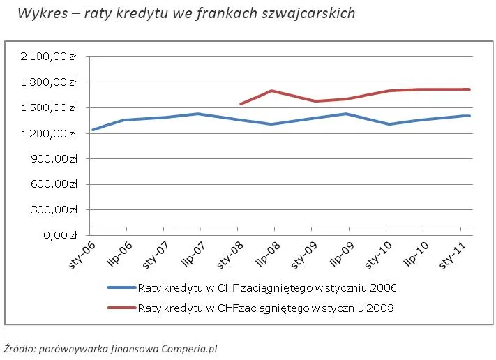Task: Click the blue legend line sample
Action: tap(121, 287)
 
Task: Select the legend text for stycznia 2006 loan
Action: tap(267, 287)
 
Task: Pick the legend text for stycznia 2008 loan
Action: tap(266, 308)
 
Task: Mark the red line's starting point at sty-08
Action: tap(239, 104)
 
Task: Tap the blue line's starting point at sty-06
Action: tap(92, 130)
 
